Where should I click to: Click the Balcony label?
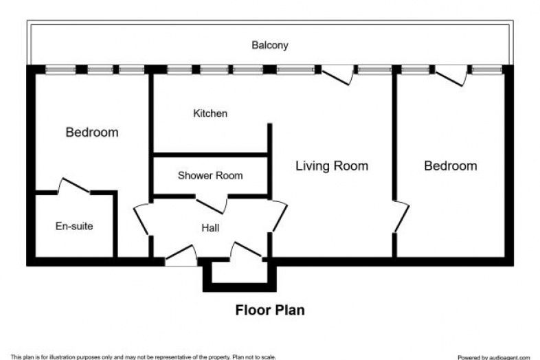coord(269,45)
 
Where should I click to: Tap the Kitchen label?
coord(210,113)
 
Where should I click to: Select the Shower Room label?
coord(210,175)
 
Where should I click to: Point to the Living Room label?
coord(332,166)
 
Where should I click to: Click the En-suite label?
coord(74,226)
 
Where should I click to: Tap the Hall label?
coord(210,227)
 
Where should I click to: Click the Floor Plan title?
coord(269,310)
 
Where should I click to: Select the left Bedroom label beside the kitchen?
coord(92,133)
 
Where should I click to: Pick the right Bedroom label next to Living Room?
coord(451,166)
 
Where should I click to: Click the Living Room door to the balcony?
coord(338,76)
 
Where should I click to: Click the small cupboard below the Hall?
coord(239,275)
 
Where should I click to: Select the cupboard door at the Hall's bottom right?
coord(246,251)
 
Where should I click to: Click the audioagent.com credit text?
coord(493,357)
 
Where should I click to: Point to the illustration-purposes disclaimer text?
coord(144,357)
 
